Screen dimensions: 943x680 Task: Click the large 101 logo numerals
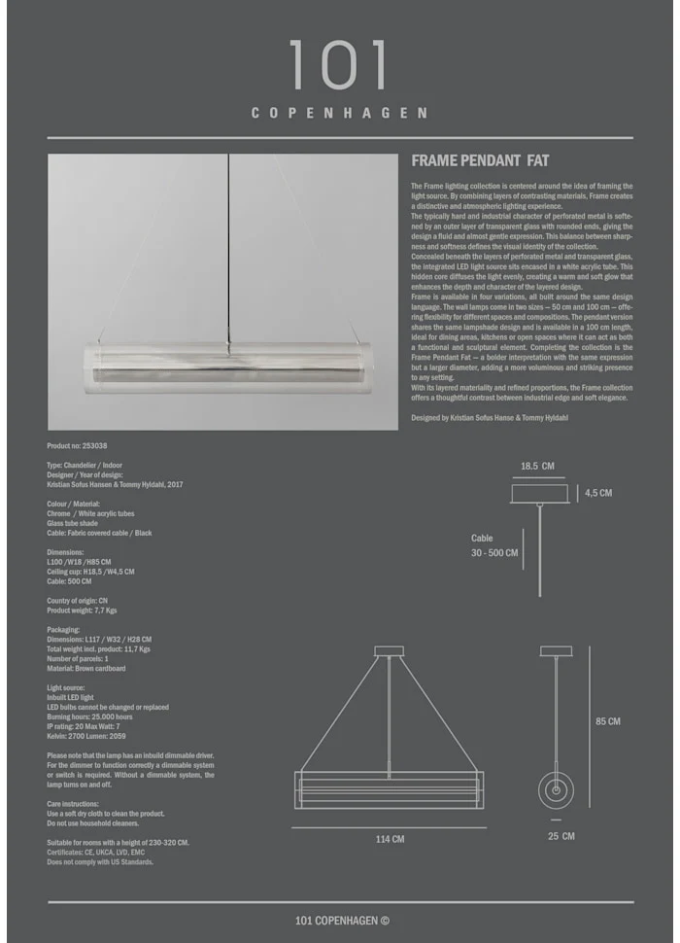coord(339,66)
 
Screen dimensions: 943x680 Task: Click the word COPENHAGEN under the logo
coord(339,113)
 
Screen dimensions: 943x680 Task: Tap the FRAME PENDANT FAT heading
coord(480,161)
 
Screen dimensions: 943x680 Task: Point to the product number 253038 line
coord(78,445)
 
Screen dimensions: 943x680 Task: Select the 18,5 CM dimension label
coord(536,467)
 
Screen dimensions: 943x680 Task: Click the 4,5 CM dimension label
coord(598,493)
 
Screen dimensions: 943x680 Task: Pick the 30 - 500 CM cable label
coord(495,553)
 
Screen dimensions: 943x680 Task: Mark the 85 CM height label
coord(608,721)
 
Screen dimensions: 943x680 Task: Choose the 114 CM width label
coord(391,839)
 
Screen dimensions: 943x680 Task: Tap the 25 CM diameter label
coord(561,836)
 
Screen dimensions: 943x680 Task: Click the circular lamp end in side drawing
coord(557,788)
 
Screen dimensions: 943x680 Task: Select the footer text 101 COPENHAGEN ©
coord(342,921)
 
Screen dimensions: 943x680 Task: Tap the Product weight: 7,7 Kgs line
coord(82,611)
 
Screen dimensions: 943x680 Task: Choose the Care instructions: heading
coord(73,804)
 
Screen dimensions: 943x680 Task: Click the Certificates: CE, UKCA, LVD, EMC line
coord(102,852)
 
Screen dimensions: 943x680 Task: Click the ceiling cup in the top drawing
coord(539,494)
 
